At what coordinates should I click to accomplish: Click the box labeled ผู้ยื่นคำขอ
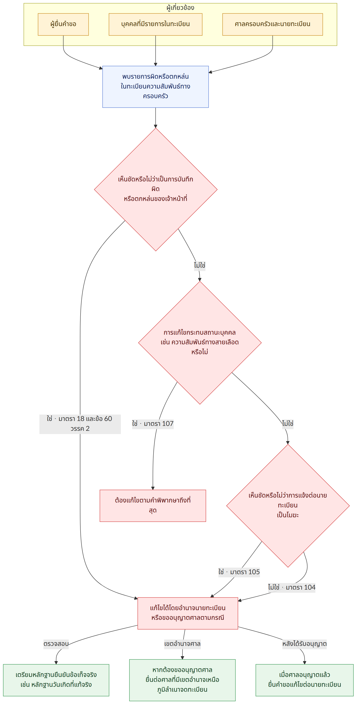63,24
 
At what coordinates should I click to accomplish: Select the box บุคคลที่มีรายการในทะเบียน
156,24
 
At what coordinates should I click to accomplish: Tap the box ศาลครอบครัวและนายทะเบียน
272,24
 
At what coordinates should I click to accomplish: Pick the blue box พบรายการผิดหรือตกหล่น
156,86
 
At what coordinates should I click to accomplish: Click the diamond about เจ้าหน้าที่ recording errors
156,189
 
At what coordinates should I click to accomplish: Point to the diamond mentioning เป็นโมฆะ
288,506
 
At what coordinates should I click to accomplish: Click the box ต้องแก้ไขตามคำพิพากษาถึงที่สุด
153,506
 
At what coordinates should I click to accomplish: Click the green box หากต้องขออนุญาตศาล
182,680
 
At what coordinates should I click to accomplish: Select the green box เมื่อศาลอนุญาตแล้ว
304,680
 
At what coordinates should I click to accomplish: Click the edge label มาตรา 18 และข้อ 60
80,424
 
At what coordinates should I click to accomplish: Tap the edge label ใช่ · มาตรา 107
153,424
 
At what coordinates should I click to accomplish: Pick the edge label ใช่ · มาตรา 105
239,572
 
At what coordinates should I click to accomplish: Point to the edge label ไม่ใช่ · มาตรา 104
292,587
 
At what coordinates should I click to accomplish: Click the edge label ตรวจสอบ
56,644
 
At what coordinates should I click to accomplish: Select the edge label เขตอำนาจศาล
182,644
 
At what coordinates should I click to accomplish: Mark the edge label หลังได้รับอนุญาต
304,644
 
